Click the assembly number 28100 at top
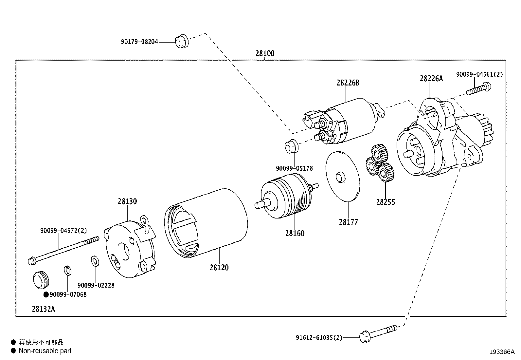265,53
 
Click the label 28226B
348,83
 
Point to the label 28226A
431,79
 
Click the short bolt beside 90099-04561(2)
479,89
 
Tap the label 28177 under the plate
349,222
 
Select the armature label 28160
295,234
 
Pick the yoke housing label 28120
219,268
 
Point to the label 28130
127,201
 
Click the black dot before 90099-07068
46,295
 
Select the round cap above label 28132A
41,280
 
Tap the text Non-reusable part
45,351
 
